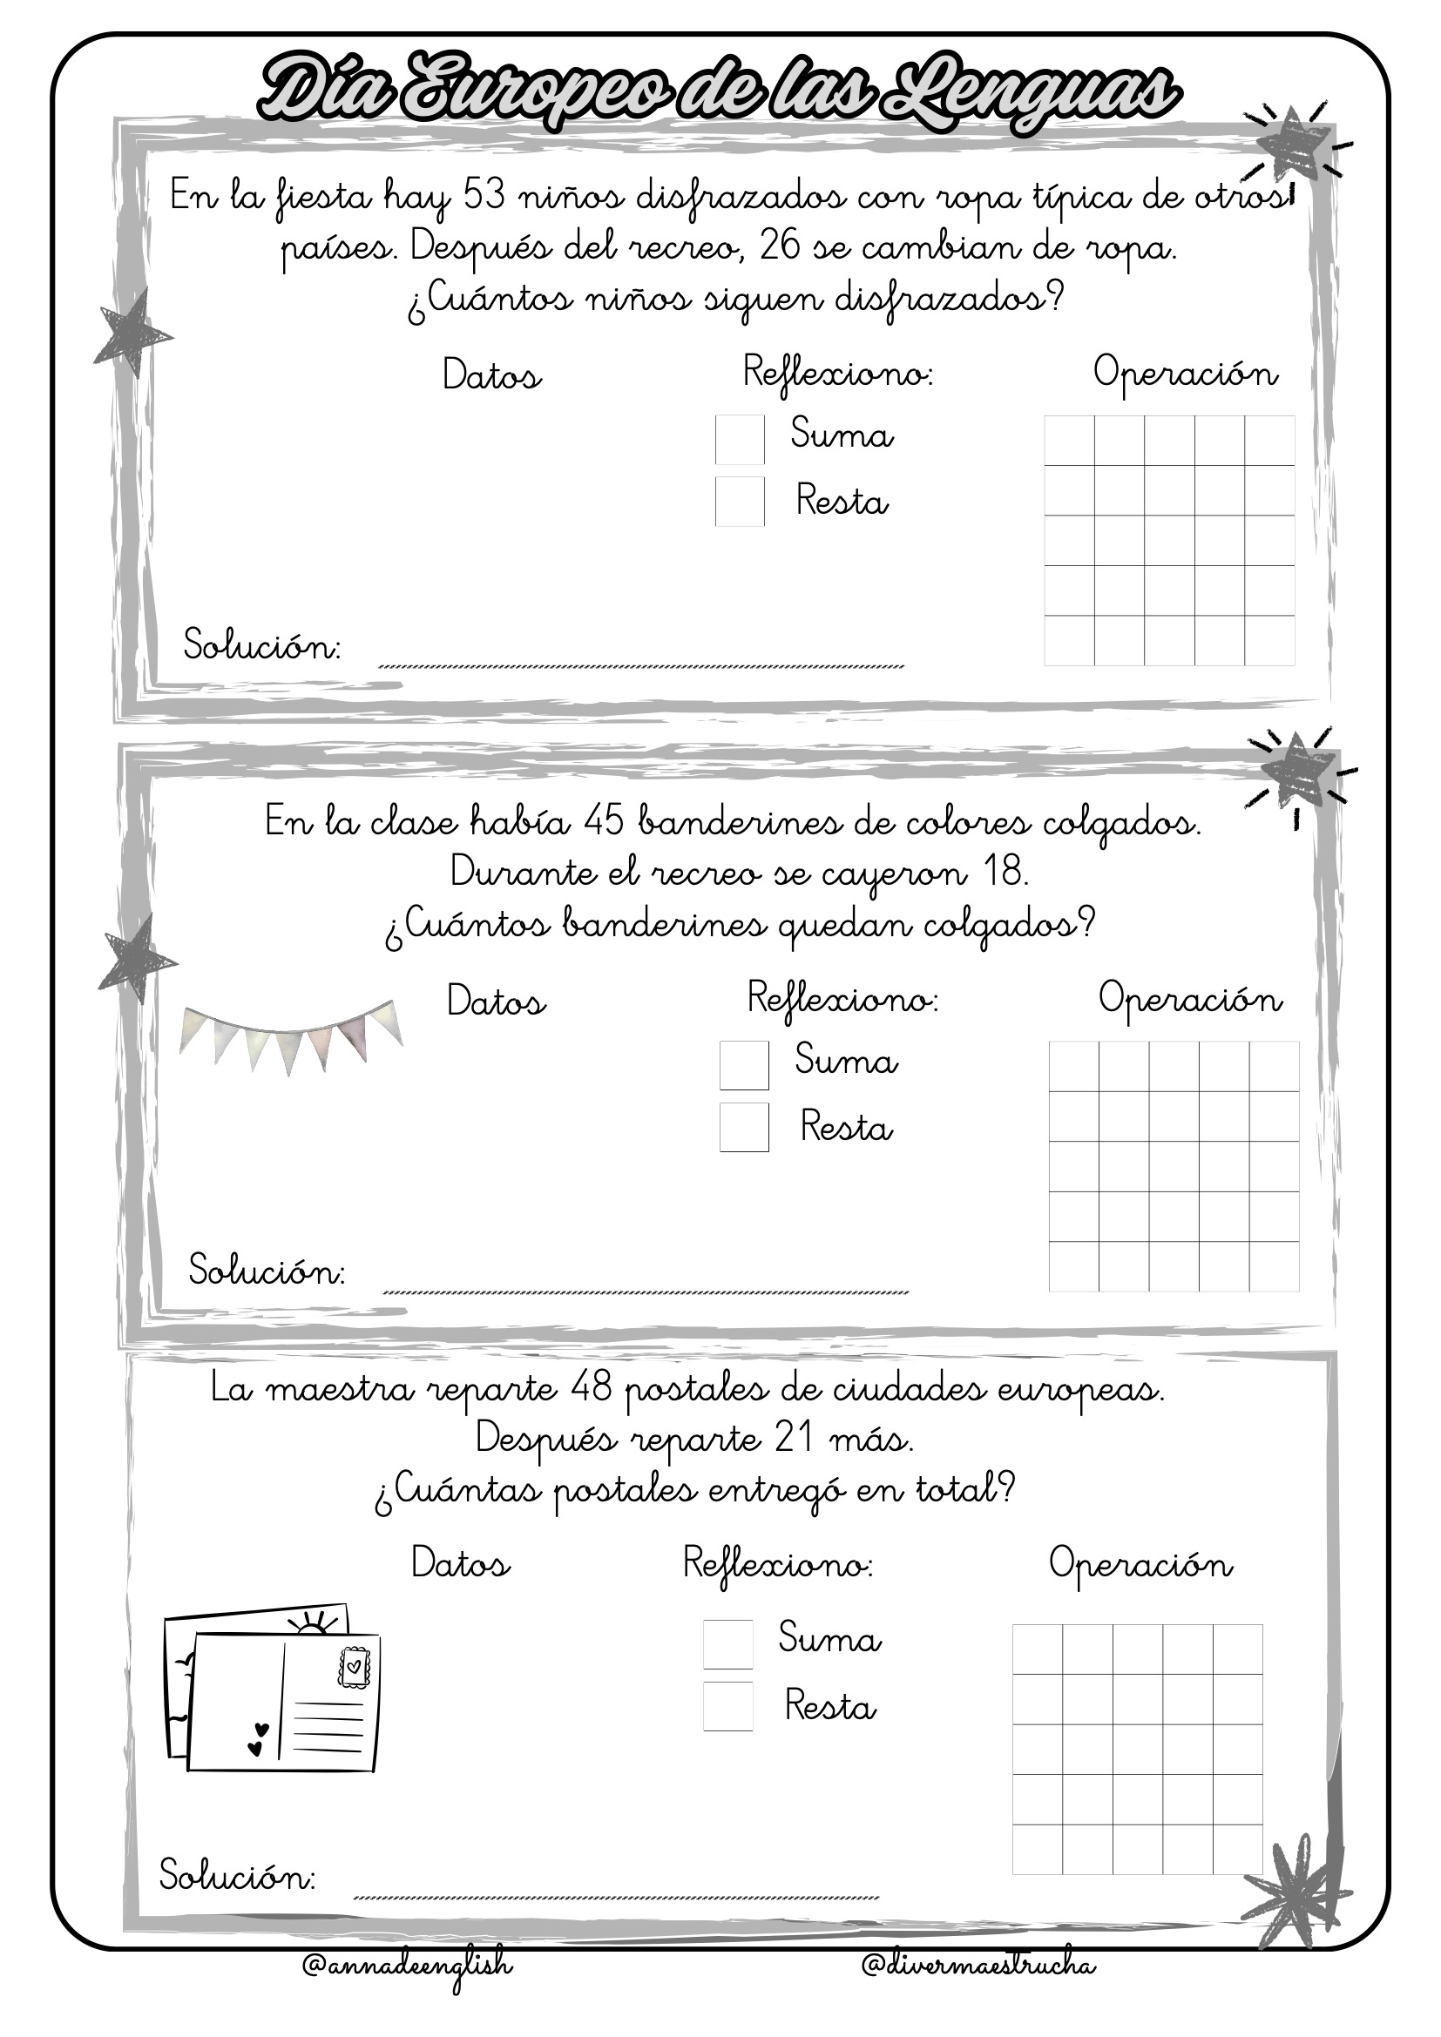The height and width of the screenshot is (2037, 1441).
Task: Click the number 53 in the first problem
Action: click(x=484, y=195)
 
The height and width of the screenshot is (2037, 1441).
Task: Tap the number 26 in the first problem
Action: click(x=780, y=246)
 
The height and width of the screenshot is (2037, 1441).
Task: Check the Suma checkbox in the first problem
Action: click(x=739, y=439)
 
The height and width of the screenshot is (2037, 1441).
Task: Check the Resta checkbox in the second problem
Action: click(x=743, y=1127)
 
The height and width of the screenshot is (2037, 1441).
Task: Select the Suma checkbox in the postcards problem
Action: click(x=727, y=1644)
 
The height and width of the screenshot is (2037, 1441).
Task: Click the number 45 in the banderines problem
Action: click(x=605, y=821)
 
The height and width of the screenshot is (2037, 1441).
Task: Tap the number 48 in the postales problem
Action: click(x=592, y=1387)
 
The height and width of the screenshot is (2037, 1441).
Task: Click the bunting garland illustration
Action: click(x=291, y=1035)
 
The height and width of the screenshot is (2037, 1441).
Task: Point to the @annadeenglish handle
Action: click(x=407, y=1966)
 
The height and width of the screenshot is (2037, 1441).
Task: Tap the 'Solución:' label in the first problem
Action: click(x=261, y=645)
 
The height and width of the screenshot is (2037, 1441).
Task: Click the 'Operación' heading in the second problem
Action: click(x=1190, y=1000)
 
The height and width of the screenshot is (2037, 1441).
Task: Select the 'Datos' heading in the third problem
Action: click(x=461, y=1562)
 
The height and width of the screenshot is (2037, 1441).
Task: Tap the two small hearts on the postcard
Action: click(x=258, y=1740)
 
